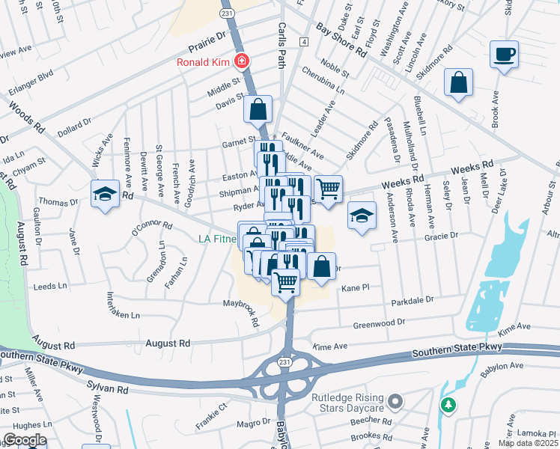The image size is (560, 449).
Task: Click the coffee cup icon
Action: tap(505, 54)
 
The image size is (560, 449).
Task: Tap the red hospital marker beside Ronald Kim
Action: tap(241, 61)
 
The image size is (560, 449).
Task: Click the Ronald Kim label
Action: tap(202, 62)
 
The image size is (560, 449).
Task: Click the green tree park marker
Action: tap(448, 405)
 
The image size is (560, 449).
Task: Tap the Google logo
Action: tap(24, 440)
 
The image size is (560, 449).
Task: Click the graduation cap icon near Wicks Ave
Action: tap(105, 195)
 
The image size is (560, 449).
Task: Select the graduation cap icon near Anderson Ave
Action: tap(362, 217)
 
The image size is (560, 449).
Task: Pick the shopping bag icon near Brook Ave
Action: tap(458, 83)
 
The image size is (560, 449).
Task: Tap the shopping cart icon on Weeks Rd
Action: tap(328, 189)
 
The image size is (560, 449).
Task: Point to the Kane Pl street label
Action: tap(356, 287)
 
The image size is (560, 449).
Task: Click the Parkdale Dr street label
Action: tap(412, 300)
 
